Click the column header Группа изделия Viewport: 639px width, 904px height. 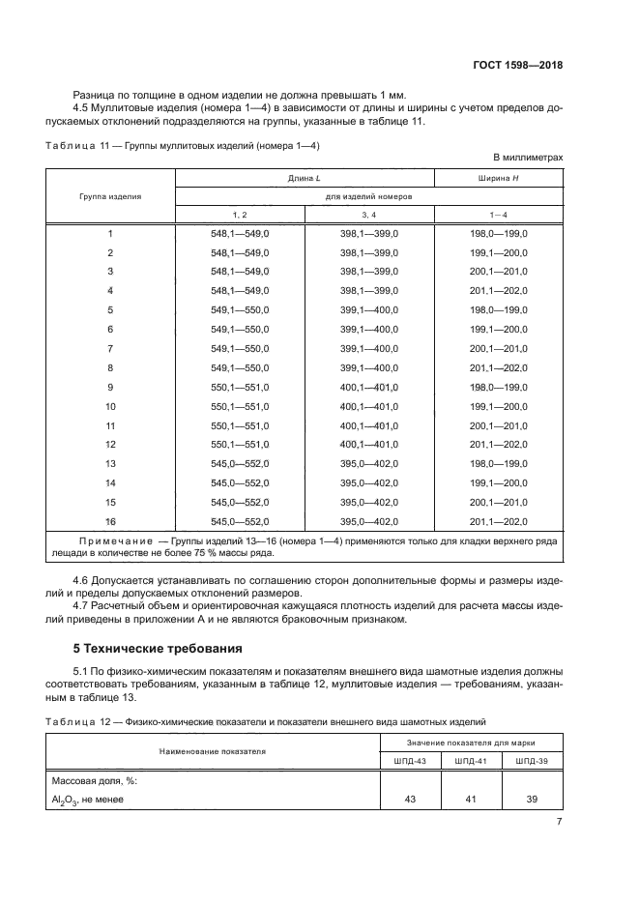pyautogui.click(x=109, y=196)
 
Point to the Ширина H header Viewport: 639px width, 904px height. pyautogui.click(x=498, y=178)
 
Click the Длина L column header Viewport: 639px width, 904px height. pyautogui.click(x=304, y=178)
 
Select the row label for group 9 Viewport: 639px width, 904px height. pyautogui.click(x=110, y=387)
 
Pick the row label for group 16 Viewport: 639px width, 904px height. pyautogui.click(x=110, y=521)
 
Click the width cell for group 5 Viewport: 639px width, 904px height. pyautogui.click(x=498, y=310)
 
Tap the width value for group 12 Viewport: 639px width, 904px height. pyautogui.click(x=498, y=444)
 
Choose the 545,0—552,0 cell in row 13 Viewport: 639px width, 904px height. pyautogui.click(x=239, y=463)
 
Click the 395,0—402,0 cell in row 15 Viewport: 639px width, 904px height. pyautogui.click(x=368, y=502)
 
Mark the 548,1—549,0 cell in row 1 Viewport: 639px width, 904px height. pyautogui.click(x=239, y=234)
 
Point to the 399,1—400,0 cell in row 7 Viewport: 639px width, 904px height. pyautogui.click(x=368, y=348)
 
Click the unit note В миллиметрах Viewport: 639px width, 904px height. pyautogui.click(x=528, y=157)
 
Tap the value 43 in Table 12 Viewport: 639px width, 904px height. pyautogui.click(x=411, y=800)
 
